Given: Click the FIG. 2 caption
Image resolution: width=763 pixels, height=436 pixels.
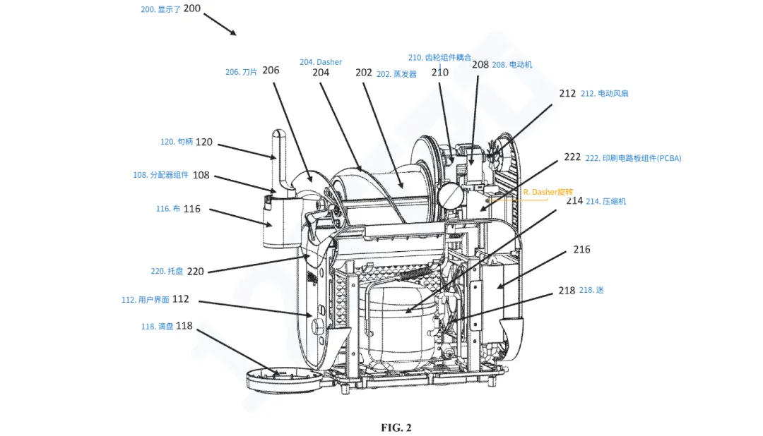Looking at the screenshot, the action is pos(396,428).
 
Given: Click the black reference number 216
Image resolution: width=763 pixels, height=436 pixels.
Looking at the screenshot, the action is pos(581,249).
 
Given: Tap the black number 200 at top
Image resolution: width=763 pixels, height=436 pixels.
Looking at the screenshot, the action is pos(191,8).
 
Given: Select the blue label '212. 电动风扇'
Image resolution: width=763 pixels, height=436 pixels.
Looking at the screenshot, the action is pos(604,93).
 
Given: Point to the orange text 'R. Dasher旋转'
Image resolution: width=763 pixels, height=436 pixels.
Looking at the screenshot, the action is pos(548,192).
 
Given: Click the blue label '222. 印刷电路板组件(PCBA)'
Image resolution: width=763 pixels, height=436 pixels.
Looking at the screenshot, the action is pos(633,158).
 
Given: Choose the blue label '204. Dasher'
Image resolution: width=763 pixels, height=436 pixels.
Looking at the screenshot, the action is pos(321,62).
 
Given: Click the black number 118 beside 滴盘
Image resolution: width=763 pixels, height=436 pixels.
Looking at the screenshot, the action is pos(184,326).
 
